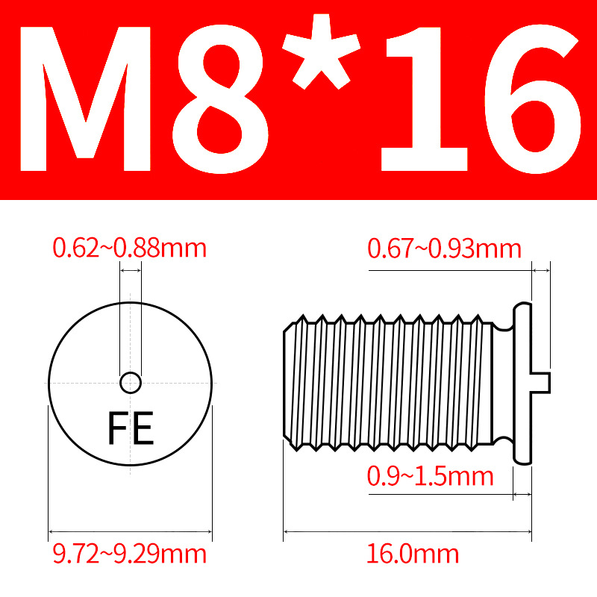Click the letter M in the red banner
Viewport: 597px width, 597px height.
pos(85,99)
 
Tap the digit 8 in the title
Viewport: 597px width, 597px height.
pos(220,99)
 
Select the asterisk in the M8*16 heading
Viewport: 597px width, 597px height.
pos(321,52)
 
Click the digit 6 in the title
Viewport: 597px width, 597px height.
pos(532,99)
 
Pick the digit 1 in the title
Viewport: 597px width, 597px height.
pos(425,99)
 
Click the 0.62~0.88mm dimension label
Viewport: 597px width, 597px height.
pos(129,248)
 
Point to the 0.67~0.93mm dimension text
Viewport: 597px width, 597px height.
pos(444,249)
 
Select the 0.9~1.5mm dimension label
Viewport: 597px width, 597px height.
pos(431,476)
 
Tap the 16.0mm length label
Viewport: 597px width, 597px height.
pos(413,554)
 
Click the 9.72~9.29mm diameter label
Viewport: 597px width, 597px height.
pos(129,554)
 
